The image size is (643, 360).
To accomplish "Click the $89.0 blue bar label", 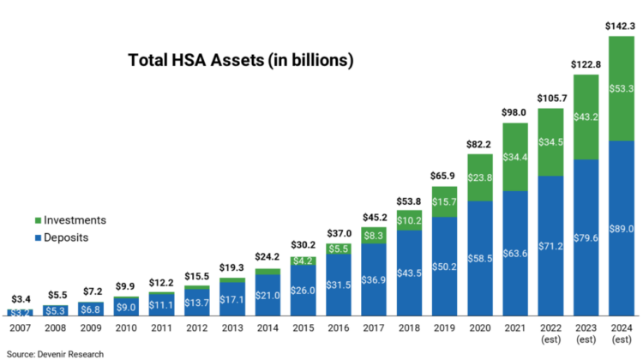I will click(622, 229).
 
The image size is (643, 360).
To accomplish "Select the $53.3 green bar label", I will click(622, 88).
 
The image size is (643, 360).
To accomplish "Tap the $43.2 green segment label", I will click(586, 117).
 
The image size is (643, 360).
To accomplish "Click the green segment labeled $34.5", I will click(550, 141).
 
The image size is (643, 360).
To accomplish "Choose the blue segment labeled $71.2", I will click(550, 246).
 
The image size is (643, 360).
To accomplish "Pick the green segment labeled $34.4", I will click(515, 157).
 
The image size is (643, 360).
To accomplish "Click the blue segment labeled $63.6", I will click(515, 254).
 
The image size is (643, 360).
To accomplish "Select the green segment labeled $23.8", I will click(480, 177).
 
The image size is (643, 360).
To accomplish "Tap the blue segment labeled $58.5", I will click(480, 258).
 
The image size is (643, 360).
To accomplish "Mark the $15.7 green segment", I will click(445, 201).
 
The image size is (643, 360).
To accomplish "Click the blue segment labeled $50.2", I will click(445, 267).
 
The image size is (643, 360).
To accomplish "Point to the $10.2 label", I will click(410, 220).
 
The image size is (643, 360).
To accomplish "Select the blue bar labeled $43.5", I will click(410, 273).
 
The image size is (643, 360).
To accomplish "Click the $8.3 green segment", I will click(374, 235).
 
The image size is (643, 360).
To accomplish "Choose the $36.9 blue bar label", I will click(374, 279).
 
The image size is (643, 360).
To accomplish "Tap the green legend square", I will click(38, 220).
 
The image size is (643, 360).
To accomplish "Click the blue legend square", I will click(38, 237).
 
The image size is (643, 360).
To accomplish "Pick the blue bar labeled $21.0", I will click(267, 295).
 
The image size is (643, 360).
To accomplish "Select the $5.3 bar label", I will click(56, 310).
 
